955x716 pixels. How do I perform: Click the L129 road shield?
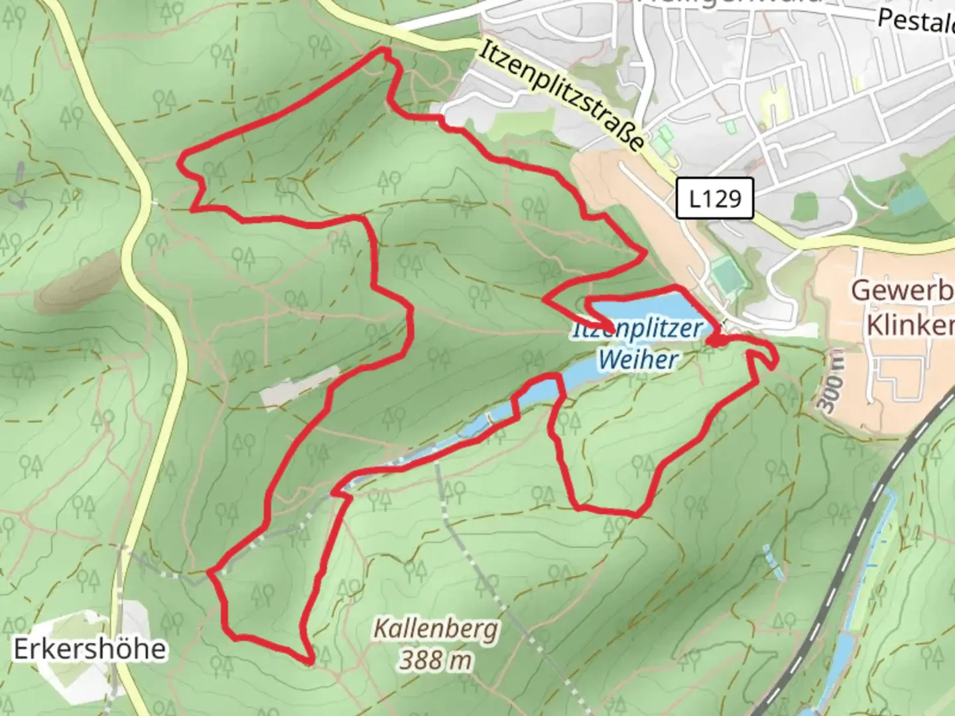click(714, 198)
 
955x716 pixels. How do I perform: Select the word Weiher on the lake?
click(637, 360)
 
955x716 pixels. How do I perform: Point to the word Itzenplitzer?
click(637, 329)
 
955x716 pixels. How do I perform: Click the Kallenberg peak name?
click(435, 628)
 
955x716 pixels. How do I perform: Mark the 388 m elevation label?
click(435, 660)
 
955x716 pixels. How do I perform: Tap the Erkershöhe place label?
click(90, 649)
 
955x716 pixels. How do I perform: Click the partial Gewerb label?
click(902, 291)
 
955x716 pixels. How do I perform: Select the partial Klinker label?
click(910, 326)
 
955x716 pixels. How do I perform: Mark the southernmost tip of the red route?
click(310, 661)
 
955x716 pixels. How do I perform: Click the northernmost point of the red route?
click(382, 50)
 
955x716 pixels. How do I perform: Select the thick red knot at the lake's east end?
click(715, 341)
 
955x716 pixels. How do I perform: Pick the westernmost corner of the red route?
click(182, 158)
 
